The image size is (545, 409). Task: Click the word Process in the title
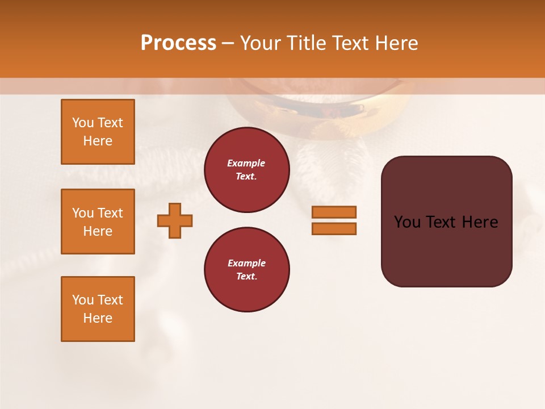pyautogui.click(x=178, y=43)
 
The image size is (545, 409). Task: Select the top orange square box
pyautogui.click(x=98, y=132)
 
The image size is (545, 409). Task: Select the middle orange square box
pyautogui.click(x=98, y=222)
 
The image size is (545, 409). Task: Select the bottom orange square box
pyautogui.click(x=98, y=309)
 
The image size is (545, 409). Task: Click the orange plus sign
pyautogui.click(x=175, y=220)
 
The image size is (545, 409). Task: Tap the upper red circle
pyautogui.click(x=246, y=170)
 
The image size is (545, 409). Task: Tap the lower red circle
pyautogui.click(x=246, y=270)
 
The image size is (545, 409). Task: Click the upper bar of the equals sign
pyautogui.click(x=334, y=212)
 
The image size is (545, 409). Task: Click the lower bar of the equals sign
pyautogui.click(x=334, y=229)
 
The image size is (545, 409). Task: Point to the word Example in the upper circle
pyautogui.click(x=246, y=163)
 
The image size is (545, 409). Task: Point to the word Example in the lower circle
pyautogui.click(x=246, y=263)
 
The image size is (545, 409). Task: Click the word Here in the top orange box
pyautogui.click(x=98, y=141)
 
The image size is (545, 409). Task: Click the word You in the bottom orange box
pyautogui.click(x=83, y=300)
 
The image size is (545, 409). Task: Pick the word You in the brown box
pyautogui.click(x=407, y=222)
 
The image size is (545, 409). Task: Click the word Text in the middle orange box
pyautogui.click(x=110, y=213)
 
